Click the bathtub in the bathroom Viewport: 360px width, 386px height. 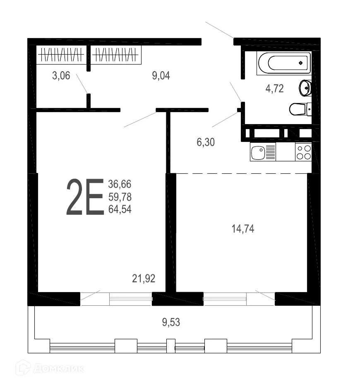point(283,63)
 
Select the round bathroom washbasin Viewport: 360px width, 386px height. point(305,88)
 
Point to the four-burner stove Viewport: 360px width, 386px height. point(303,152)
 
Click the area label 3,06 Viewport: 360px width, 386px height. point(61,75)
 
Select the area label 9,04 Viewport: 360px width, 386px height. point(161,75)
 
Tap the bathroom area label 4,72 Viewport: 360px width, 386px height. point(274,89)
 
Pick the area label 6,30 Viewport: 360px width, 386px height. point(206,142)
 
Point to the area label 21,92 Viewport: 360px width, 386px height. point(144,278)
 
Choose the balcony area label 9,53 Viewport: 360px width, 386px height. point(171,322)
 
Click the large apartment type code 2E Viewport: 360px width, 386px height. point(85,197)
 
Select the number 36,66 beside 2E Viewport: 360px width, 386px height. point(120,184)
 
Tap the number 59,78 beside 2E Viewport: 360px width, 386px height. point(120,197)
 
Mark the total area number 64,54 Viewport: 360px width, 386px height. point(120,209)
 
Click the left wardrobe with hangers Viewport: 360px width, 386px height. point(60,55)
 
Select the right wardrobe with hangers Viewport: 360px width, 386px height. point(116,55)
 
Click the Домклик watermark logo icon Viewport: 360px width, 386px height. point(23,367)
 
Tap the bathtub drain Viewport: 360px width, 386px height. point(301,63)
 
